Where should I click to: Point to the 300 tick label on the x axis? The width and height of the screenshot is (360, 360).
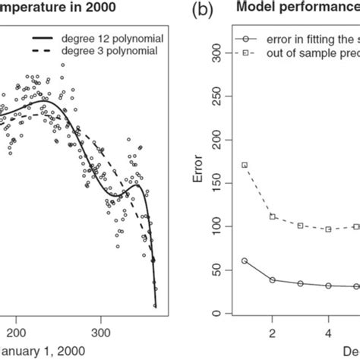(x=101, y=332)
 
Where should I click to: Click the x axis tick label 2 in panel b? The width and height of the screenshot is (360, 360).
(x=272, y=332)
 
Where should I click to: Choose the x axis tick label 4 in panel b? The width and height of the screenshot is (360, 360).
(x=328, y=332)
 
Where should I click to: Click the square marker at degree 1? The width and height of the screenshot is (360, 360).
(x=244, y=165)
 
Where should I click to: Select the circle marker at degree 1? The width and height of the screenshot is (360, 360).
(x=244, y=261)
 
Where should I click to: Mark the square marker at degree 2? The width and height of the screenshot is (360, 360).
(x=272, y=216)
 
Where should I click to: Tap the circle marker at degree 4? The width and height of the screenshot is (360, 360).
(x=328, y=286)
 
